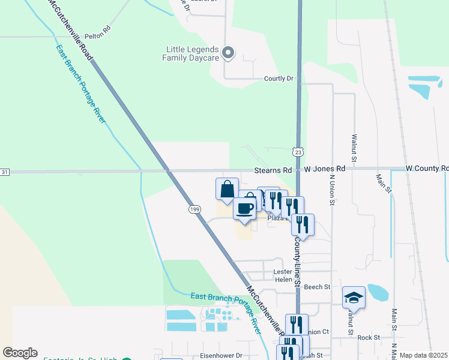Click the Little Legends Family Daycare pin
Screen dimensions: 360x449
pyautogui.click(x=228, y=53)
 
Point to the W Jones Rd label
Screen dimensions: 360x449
pyautogui.click(x=324, y=169)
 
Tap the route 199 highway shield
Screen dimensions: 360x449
pyautogui.click(x=194, y=209)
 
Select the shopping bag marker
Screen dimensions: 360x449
pyautogui.click(x=227, y=189)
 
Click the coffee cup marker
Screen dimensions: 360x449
pyautogui.click(x=244, y=208)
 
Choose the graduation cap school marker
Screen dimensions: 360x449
pyautogui.click(x=354, y=298)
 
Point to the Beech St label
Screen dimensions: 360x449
pyautogui.click(x=318, y=287)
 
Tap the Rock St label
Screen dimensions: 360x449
pyautogui.click(x=368, y=338)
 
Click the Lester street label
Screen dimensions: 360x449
pyautogui.click(x=282, y=272)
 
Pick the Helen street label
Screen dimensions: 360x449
pyautogui.click(x=283, y=280)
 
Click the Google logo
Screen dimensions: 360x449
pyautogui.click(x=20, y=353)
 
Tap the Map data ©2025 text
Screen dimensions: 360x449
pyautogui.click(x=423, y=355)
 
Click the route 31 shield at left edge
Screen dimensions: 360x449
pyautogui.click(x=5, y=172)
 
